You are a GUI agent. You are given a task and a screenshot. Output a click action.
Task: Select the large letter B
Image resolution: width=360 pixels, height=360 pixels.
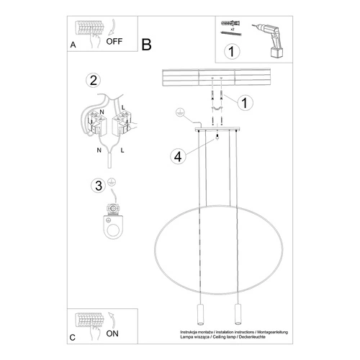[146, 45]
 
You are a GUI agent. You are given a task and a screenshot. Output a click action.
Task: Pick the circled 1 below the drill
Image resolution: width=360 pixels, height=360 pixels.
[231, 51]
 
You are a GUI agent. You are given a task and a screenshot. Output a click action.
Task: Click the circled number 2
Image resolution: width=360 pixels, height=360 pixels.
[91, 81]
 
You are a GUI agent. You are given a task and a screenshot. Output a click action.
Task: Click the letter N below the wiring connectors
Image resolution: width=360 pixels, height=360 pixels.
[99, 150]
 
